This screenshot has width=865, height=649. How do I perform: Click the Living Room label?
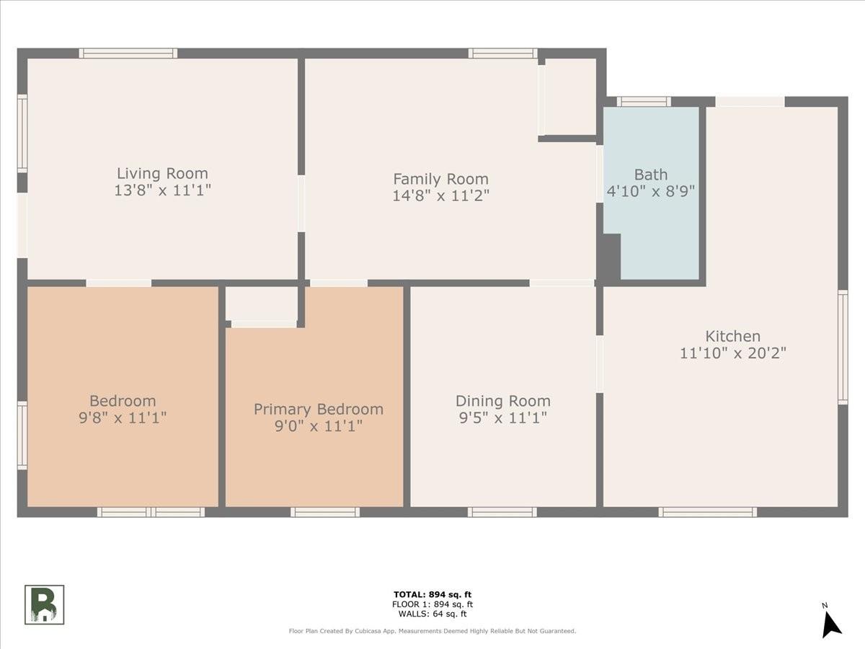pyautogui.click(x=162, y=173)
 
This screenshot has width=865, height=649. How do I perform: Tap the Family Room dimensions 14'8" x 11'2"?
pyautogui.click(x=440, y=195)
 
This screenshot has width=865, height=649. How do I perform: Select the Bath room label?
pyautogui.click(x=651, y=175)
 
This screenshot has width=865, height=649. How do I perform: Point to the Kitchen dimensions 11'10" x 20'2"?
pyautogui.click(x=733, y=353)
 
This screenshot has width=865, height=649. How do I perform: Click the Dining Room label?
pyautogui.click(x=503, y=401)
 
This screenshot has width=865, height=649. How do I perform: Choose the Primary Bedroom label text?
pyautogui.click(x=319, y=410)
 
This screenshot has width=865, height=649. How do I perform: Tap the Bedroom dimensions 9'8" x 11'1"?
pyautogui.click(x=123, y=418)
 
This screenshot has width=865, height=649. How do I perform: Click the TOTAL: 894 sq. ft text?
pyautogui.click(x=432, y=595)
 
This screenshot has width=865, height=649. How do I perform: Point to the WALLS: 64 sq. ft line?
pyautogui.click(x=432, y=614)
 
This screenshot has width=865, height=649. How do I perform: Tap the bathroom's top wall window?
pyautogui.click(x=644, y=102)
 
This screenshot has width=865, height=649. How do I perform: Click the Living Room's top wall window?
pyautogui.click(x=128, y=53)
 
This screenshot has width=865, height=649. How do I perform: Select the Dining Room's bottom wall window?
pyautogui.click(x=502, y=512)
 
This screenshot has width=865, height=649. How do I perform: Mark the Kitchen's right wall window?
pyautogui.click(x=843, y=347)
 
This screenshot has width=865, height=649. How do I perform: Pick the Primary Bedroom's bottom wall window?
pyautogui.click(x=325, y=512)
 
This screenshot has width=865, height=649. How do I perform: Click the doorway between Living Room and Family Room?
pyautogui.click(x=301, y=203)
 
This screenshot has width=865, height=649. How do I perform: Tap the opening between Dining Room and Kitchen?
pyautogui.click(x=600, y=364)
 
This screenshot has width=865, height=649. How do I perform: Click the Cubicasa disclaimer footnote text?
pyautogui.click(x=432, y=631)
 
